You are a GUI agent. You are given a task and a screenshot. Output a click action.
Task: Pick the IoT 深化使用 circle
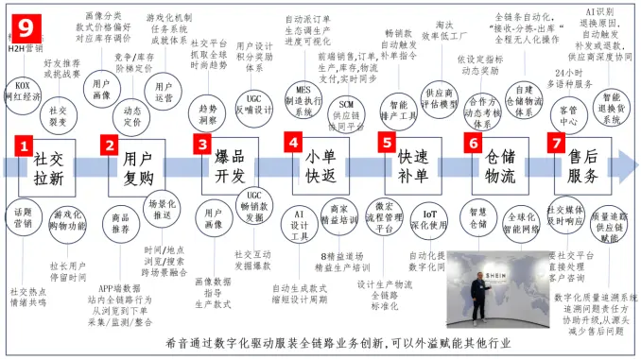(x=430, y=218)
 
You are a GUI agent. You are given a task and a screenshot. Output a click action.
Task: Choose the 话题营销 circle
(x=24, y=218)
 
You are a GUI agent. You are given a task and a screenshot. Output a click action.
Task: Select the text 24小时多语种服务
(x=570, y=78)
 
